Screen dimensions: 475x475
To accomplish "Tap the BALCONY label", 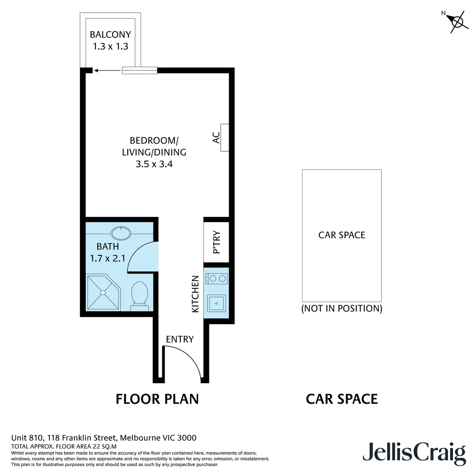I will [110, 35].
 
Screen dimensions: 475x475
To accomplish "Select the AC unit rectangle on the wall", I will [224, 138].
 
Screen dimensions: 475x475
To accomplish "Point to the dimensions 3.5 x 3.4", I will [154, 164].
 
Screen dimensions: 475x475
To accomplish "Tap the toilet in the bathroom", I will [140, 294].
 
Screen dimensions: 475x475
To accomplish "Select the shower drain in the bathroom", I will [103, 292].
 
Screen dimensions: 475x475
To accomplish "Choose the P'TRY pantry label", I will [216, 243].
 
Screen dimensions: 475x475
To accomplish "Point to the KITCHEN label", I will [195, 294].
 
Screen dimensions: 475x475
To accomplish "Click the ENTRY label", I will [179, 339].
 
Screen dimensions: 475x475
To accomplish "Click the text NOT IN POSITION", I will [342, 308].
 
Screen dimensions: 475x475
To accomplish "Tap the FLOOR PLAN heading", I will [157, 399].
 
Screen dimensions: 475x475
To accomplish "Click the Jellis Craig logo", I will [414, 453].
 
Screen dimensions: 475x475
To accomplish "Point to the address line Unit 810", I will [103, 438].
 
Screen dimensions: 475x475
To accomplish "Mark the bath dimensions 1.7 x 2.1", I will [108, 258].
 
